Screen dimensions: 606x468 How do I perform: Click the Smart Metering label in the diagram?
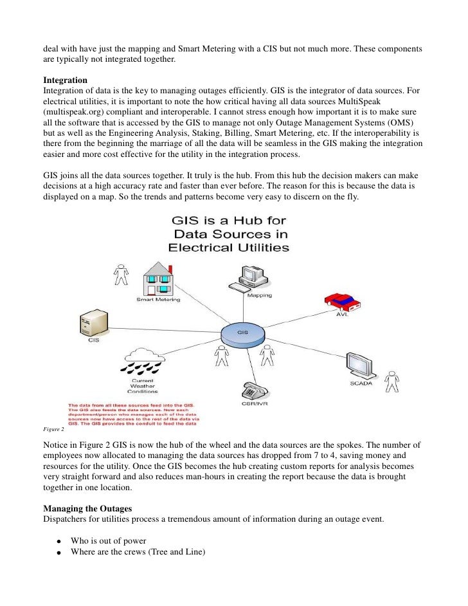[158, 300]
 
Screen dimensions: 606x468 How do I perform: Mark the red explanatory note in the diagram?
[132, 414]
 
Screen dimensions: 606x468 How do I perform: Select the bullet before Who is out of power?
[58, 542]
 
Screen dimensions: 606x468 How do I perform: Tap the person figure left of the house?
[120, 275]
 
